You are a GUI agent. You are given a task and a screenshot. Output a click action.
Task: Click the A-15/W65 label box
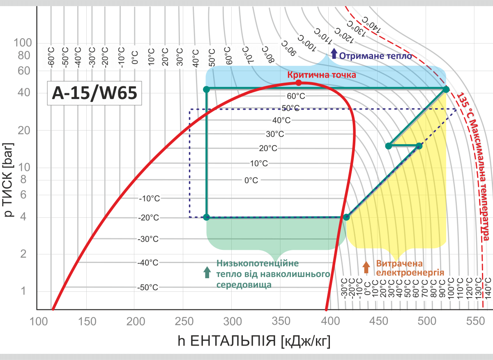pos(94,93)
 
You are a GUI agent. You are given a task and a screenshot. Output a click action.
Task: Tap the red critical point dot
pos(299,83)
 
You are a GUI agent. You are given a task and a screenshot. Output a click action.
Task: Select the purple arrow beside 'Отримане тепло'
pos(334,53)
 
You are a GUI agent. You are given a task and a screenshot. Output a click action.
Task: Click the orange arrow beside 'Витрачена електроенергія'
pos(366,267)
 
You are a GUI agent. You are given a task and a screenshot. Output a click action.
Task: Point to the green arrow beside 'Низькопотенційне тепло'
pos(207,272)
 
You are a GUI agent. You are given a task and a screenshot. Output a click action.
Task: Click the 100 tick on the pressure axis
pos(23,43)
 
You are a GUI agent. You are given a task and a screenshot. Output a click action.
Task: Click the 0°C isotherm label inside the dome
pos(251,180)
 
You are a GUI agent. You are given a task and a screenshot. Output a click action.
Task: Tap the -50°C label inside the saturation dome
pos(148,287)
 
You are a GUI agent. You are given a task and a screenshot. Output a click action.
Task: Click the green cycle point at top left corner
pos(206,89)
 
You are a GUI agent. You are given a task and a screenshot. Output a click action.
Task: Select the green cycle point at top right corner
pos(446,89)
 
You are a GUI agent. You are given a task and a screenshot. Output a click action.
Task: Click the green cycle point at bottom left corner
pos(206,217)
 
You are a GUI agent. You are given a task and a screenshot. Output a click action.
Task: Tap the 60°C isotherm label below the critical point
pos(296,96)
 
